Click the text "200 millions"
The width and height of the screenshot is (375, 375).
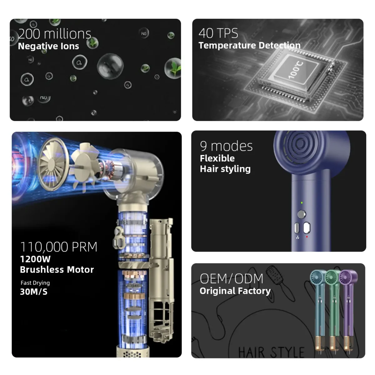(54, 34)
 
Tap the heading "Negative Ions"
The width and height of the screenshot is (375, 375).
(48, 46)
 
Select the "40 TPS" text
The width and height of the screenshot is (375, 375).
(218, 33)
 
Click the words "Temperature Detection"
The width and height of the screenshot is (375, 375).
(249, 45)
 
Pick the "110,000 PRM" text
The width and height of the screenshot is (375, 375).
(58, 247)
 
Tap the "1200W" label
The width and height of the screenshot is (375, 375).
(35, 259)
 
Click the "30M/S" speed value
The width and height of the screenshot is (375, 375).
(34, 292)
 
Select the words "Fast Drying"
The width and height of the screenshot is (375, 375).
(35, 283)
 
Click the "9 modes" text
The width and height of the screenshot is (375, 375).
(226, 146)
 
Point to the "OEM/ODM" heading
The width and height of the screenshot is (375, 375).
(231, 278)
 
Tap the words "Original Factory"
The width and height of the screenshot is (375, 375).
(235, 291)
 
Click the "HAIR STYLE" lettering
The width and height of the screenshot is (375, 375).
(271, 352)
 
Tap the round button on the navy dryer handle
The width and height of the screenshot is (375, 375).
(302, 214)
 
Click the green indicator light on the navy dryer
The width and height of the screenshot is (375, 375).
(302, 203)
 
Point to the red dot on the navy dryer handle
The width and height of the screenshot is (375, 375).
(307, 237)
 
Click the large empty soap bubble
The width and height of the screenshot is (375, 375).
(110, 66)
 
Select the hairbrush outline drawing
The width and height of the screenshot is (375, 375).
(280, 280)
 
